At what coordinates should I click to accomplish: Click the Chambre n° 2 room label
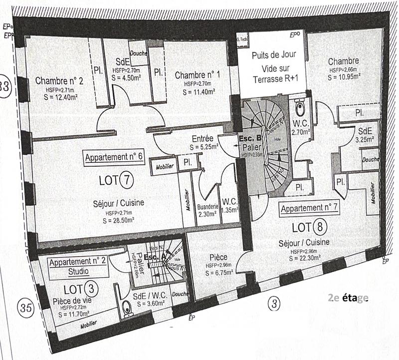tap(59, 80)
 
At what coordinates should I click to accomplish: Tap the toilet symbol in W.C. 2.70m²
tap(300, 107)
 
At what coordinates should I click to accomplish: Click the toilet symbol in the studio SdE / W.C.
tap(127, 310)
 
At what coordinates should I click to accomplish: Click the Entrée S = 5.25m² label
tap(201, 143)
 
